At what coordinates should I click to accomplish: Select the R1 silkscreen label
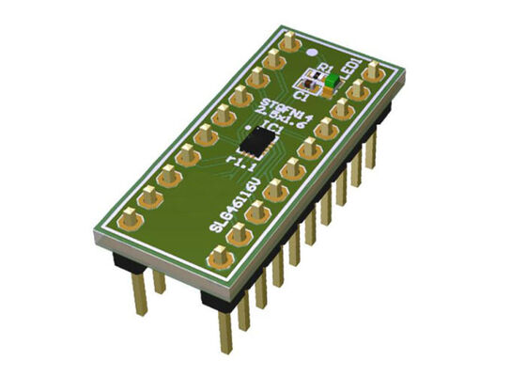point(324,67)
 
